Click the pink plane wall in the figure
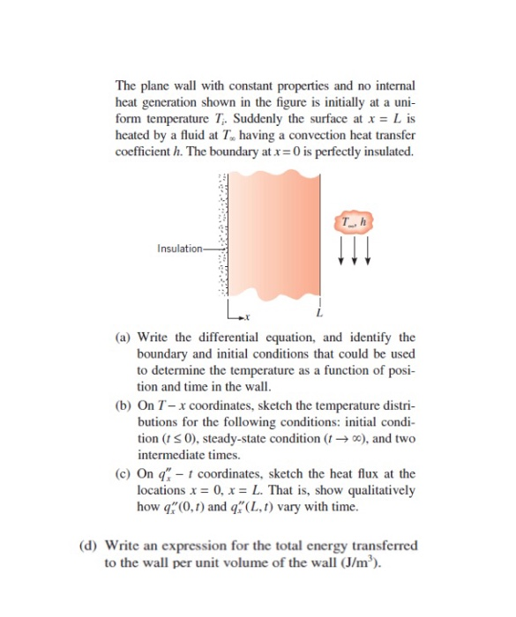click(273, 238)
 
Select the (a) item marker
click(123, 338)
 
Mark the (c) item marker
click(123, 474)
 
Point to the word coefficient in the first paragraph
click(145, 152)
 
